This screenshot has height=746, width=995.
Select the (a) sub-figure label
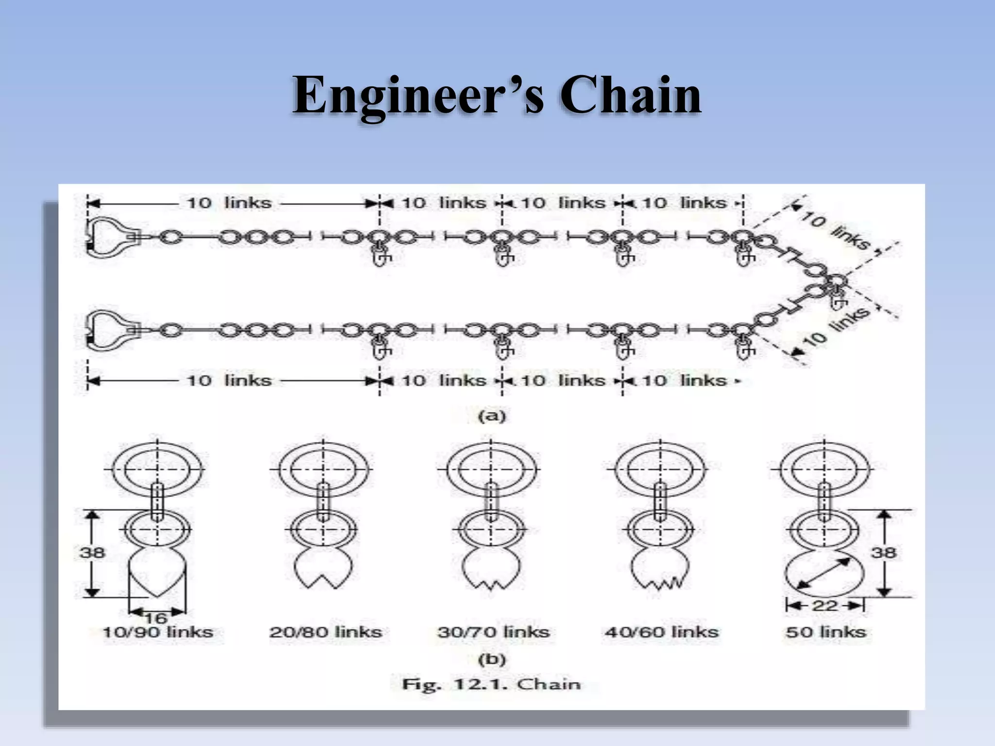pyautogui.click(x=492, y=416)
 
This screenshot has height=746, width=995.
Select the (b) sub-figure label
pyautogui.click(x=492, y=659)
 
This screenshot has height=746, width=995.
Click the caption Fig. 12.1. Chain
pyautogui.click(x=491, y=684)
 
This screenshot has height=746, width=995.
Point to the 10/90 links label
pyautogui.click(x=158, y=632)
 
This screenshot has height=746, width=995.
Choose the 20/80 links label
pyautogui.click(x=326, y=632)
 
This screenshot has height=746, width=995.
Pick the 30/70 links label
pyautogui.click(x=493, y=632)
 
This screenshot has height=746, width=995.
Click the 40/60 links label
pyautogui.click(x=661, y=632)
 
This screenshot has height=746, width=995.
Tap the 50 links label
pyautogui.click(x=826, y=632)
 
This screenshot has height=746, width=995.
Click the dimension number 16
pyautogui.click(x=155, y=618)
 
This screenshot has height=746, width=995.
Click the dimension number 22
pyautogui.click(x=824, y=605)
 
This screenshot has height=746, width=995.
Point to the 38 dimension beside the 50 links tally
pyautogui.click(x=883, y=552)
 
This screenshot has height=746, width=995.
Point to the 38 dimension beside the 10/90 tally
pyautogui.click(x=92, y=552)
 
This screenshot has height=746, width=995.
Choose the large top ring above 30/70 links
pyautogui.click(x=491, y=469)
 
